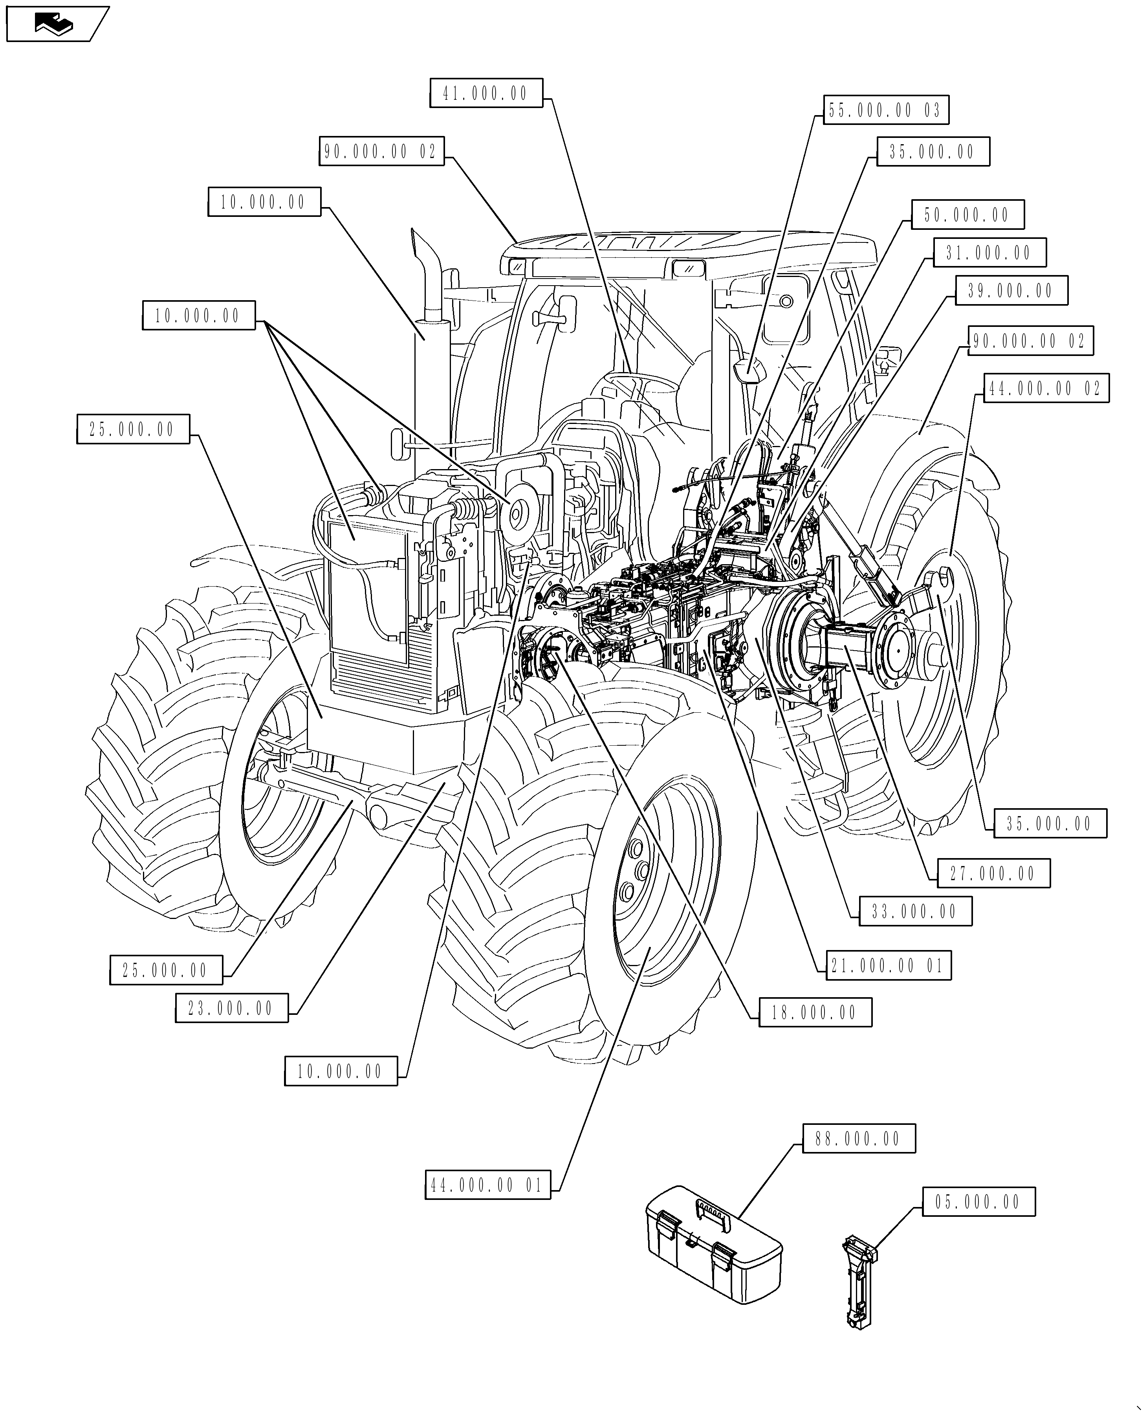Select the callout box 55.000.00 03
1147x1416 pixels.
click(885, 110)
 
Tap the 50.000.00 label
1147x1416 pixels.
click(967, 215)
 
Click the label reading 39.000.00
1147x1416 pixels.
click(1011, 291)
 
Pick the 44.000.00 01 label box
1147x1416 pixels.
click(487, 1185)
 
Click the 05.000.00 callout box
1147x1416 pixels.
click(978, 1202)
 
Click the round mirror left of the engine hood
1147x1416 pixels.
click(398, 443)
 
